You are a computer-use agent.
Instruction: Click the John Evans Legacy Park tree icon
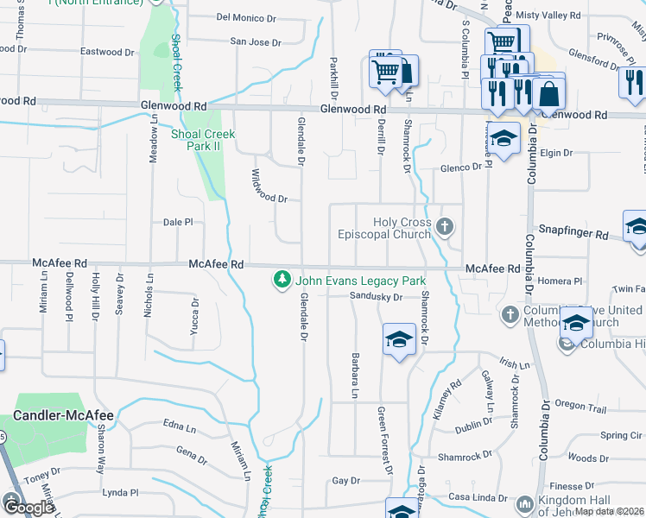[x=281, y=280]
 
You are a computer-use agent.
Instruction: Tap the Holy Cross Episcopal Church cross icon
[x=445, y=228]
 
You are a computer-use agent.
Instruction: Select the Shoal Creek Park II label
[x=203, y=140]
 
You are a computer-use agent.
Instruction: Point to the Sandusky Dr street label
[x=377, y=297]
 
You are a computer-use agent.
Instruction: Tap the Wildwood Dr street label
[x=269, y=186]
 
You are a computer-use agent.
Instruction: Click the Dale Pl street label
[x=179, y=222]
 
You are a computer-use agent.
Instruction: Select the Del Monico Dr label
[x=246, y=17]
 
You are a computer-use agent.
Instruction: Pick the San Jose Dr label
[x=256, y=41]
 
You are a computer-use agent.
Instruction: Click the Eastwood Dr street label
[x=107, y=52]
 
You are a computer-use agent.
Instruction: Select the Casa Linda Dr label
[x=478, y=498]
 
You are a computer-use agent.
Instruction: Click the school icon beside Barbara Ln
[x=400, y=339]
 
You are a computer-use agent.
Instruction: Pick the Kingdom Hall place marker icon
[x=524, y=503]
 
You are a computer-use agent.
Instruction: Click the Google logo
[x=28, y=508]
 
